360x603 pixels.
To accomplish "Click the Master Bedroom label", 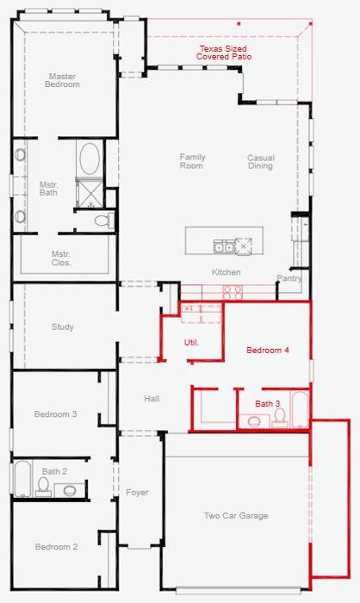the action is coord(62,80).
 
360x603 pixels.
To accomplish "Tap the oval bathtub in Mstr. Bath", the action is coord(90,159).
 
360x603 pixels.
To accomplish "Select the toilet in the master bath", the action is coord(103,221).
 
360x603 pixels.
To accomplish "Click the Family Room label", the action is coord(192,162).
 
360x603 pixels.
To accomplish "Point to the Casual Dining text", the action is coord(260,162).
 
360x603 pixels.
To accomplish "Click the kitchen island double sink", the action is coord(224,246).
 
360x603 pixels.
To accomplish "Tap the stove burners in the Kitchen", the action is coord(233,292).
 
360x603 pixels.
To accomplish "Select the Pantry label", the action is coord(289,278).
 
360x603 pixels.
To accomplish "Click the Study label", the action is coord(62,326).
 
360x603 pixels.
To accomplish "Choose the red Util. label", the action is coord(191,342).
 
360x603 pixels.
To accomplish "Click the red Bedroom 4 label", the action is coord(268,351).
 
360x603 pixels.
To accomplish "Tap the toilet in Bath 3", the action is coord(280,418).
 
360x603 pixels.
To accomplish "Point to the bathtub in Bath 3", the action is coord(300,409).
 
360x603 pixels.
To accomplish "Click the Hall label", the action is coord(152,399).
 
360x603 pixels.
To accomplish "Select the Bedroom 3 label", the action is coord(55,414).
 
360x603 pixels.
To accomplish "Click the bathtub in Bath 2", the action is coord(22,479).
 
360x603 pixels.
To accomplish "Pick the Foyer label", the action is coord(137,493).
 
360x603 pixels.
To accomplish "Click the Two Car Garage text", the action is coord(236,516).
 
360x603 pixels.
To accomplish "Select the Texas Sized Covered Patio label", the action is coord(223,53).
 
